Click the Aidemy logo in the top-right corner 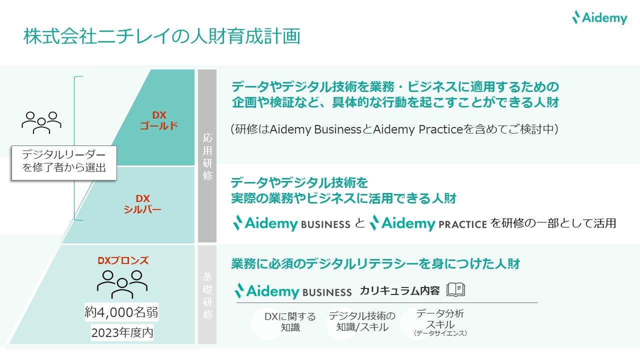pyautogui.click(x=599, y=18)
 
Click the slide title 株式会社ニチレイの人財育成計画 pyautogui.click(x=161, y=37)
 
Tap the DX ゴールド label pyautogui.click(x=159, y=120)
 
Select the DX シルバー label pyautogui.click(x=142, y=204)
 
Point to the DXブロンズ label pyautogui.click(x=123, y=260)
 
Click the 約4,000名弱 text pyautogui.click(x=121, y=313)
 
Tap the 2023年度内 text pyautogui.click(x=122, y=332)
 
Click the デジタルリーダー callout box pyautogui.click(x=64, y=162)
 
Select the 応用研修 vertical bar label pyautogui.click(x=207, y=156)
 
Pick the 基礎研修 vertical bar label pyautogui.click(x=207, y=295)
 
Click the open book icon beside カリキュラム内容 pyautogui.click(x=455, y=290)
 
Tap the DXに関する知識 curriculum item pyautogui.click(x=290, y=322)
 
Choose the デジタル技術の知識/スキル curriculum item pyautogui.click(x=362, y=321)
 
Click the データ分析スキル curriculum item pyautogui.click(x=440, y=321)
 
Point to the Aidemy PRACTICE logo pyautogui.click(x=428, y=223)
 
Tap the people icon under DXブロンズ pyautogui.click(x=122, y=283)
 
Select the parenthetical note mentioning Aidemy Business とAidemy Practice pyautogui.click(x=394, y=129)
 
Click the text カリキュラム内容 pyautogui.click(x=399, y=291)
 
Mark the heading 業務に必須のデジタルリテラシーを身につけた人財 pyautogui.click(x=375, y=263)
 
